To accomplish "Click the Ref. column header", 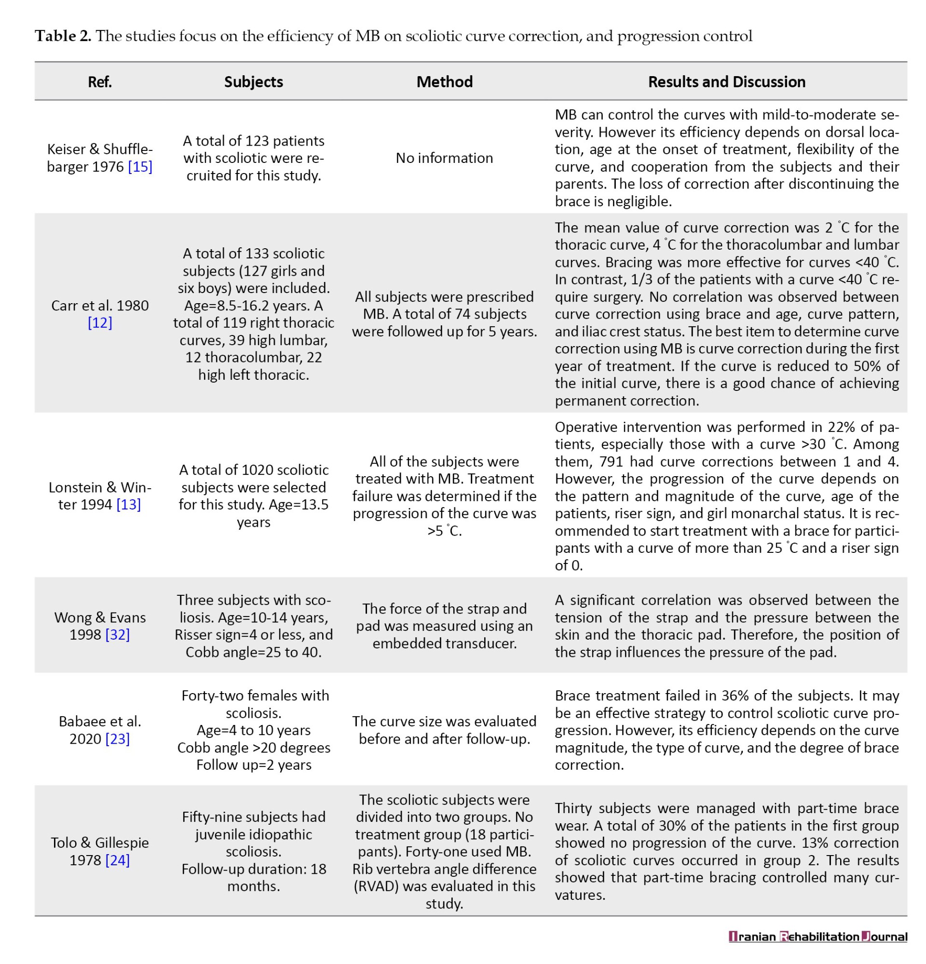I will (x=99, y=81).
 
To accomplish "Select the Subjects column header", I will (x=253, y=81).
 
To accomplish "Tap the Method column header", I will (x=444, y=81).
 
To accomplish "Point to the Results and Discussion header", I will (x=726, y=81).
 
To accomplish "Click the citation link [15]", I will (x=140, y=167).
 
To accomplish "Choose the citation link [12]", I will (x=100, y=322).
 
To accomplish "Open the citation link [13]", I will (x=128, y=505).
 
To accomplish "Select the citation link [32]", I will (x=118, y=635).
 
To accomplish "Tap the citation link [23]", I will (x=118, y=739).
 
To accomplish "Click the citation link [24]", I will (x=118, y=860).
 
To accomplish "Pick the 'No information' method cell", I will (x=444, y=158).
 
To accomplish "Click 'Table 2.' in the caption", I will (x=63, y=36).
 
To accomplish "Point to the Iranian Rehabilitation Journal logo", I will (x=817, y=937).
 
